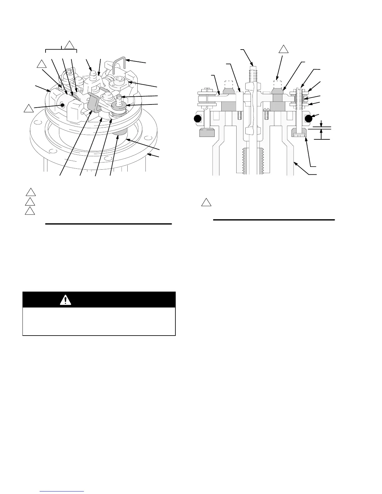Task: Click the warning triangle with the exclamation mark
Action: (x=66, y=300)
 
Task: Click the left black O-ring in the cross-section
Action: (x=197, y=119)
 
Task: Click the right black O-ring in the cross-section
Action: (x=309, y=119)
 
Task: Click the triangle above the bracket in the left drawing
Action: (x=70, y=46)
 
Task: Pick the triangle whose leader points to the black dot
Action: (x=29, y=109)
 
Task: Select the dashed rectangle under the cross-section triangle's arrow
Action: (x=278, y=84)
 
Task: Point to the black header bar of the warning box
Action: (x=99, y=300)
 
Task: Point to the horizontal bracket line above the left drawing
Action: (x=61, y=49)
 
